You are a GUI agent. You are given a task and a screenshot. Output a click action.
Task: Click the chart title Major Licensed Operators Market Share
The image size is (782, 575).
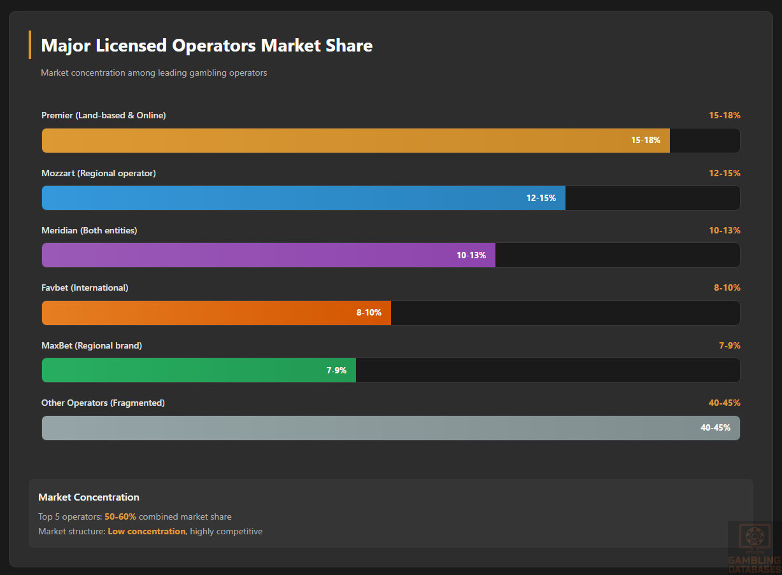(206, 46)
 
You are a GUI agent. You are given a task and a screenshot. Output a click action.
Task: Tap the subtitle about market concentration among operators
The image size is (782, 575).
(153, 73)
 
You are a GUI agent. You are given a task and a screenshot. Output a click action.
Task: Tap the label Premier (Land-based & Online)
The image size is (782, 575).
(104, 115)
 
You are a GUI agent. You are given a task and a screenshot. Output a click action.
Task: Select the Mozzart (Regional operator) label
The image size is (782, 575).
(99, 173)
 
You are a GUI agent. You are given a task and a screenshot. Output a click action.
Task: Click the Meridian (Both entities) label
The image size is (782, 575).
(89, 230)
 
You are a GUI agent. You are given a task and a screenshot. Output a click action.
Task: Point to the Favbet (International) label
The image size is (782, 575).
(85, 287)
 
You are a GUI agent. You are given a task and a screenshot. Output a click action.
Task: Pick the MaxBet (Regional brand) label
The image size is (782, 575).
(92, 345)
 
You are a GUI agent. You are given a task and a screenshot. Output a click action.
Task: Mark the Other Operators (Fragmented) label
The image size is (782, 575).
(103, 403)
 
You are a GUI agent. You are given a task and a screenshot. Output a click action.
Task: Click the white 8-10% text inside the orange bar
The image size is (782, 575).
(369, 313)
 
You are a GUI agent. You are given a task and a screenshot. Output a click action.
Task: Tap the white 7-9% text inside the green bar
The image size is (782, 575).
(336, 370)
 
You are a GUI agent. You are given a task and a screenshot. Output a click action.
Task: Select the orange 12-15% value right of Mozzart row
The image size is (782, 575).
(725, 173)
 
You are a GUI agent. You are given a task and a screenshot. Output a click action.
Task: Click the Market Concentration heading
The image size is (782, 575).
(89, 497)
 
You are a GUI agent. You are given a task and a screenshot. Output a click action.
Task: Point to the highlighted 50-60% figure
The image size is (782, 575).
(120, 516)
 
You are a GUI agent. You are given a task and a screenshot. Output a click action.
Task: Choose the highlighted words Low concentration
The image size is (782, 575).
(146, 531)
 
